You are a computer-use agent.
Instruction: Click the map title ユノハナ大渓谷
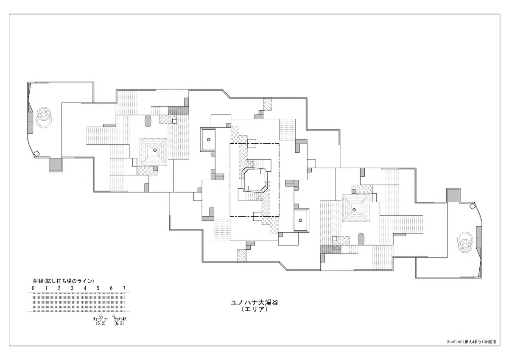(255, 303)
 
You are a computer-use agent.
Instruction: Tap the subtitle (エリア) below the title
(255, 310)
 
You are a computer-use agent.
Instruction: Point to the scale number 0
(33, 288)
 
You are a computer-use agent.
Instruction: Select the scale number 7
(124, 288)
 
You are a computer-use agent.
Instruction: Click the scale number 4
(85, 288)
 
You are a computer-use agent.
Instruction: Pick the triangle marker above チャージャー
(101, 315)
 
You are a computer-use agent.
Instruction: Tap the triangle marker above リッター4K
(114, 315)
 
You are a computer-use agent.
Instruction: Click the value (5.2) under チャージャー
(101, 324)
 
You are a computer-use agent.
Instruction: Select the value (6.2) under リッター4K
(119, 324)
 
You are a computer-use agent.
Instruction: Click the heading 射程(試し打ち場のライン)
(64, 281)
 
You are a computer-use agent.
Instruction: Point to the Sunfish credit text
(472, 348)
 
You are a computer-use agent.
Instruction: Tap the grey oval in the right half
(361, 239)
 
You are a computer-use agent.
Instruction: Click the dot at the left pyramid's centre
(155, 150)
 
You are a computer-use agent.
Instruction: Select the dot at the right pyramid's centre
(354, 209)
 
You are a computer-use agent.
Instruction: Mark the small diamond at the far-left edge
(36, 154)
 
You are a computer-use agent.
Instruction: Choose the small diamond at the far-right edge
(472, 206)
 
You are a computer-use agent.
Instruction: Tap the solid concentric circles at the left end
(43, 114)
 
